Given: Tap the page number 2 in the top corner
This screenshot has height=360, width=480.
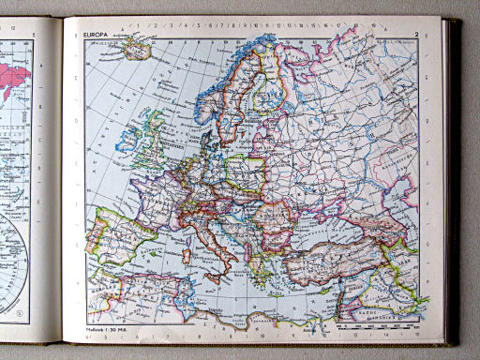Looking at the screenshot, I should coord(414,35).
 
